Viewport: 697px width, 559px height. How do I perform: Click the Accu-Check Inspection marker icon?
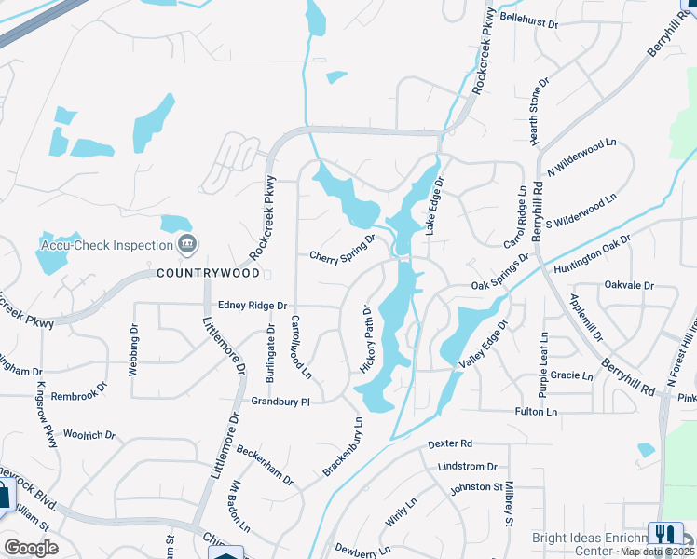pyautogui.click(x=186, y=245)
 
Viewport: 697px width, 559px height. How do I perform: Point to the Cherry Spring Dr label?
pyautogui.click(x=342, y=248)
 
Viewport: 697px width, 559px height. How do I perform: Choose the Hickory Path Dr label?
pyautogui.click(x=366, y=339)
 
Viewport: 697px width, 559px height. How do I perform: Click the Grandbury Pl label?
pyautogui.click(x=280, y=401)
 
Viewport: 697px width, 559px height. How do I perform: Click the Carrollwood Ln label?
pyautogui.click(x=300, y=346)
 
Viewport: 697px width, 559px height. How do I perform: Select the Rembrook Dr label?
pyautogui.click(x=75, y=395)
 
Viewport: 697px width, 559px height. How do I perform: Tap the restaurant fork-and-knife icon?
pyautogui.click(x=664, y=534)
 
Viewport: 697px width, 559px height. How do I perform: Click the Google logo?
pyautogui.click(x=31, y=548)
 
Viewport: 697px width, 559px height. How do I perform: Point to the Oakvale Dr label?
pyautogui.click(x=629, y=285)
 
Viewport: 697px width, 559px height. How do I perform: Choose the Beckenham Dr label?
pyautogui.click(x=264, y=464)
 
